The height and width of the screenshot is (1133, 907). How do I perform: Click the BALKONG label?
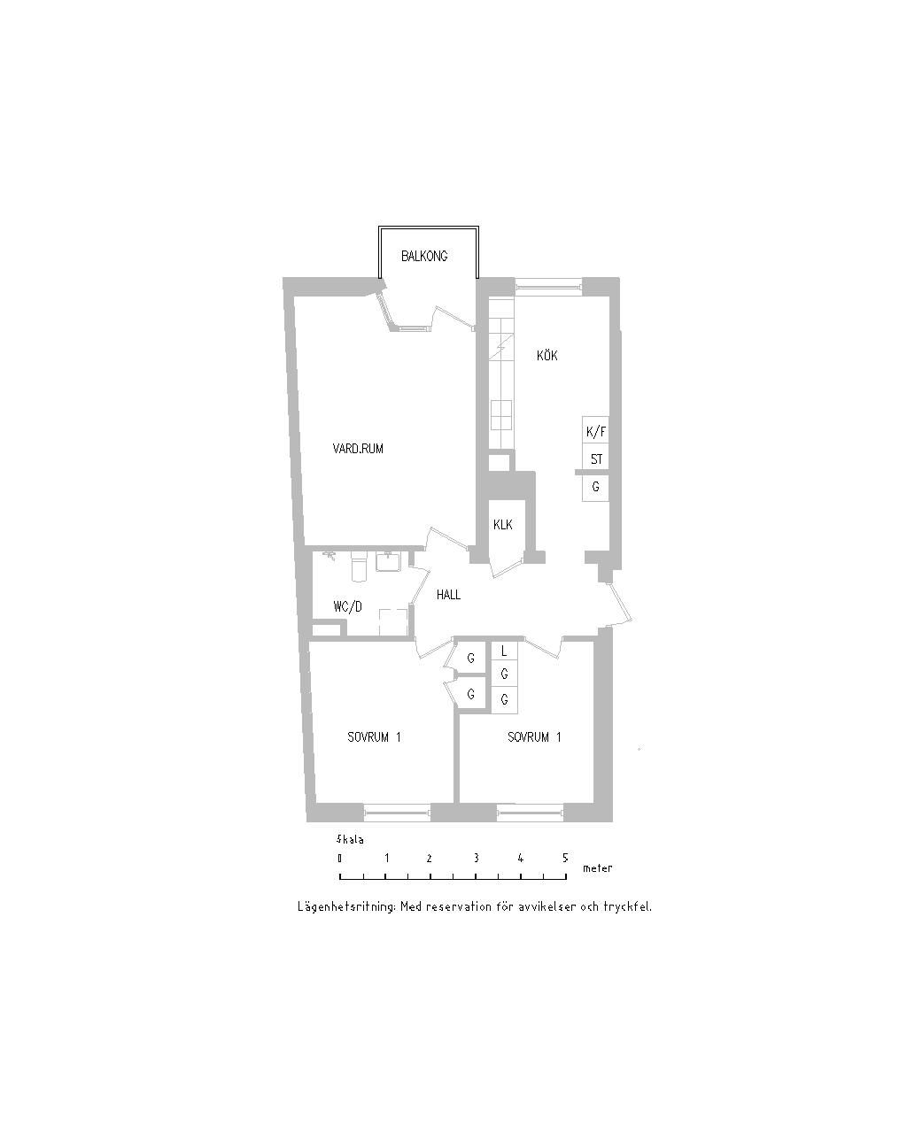[x=423, y=256]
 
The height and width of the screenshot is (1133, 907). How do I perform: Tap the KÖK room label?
[x=547, y=355]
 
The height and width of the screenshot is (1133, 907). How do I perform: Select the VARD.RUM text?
[x=357, y=449]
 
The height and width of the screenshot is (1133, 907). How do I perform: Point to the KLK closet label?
[x=503, y=524]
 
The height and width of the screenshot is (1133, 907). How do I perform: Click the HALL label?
[x=448, y=595]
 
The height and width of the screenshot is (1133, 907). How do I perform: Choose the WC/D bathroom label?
[x=347, y=606]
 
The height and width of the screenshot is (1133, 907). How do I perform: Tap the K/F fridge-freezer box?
[x=595, y=431]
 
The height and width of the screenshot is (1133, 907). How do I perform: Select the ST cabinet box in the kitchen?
[x=595, y=459]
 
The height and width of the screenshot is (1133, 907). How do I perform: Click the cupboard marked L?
[x=504, y=651]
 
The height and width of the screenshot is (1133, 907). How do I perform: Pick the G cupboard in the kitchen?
[x=595, y=488]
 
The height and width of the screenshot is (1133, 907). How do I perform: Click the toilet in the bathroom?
[x=359, y=566]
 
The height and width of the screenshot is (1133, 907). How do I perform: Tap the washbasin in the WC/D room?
[x=389, y=562]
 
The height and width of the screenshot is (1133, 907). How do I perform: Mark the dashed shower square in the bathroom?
[x=393, y=622]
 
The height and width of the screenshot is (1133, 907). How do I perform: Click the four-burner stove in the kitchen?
[x=500, y=415]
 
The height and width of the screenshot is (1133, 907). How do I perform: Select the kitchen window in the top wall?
[x=548, y=286]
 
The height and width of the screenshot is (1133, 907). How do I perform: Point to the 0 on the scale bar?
[x=339, y=859]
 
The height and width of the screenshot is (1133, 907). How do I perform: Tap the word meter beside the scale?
[x=597, y=868]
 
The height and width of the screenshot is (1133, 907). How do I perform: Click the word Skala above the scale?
[x=349, y=840]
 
